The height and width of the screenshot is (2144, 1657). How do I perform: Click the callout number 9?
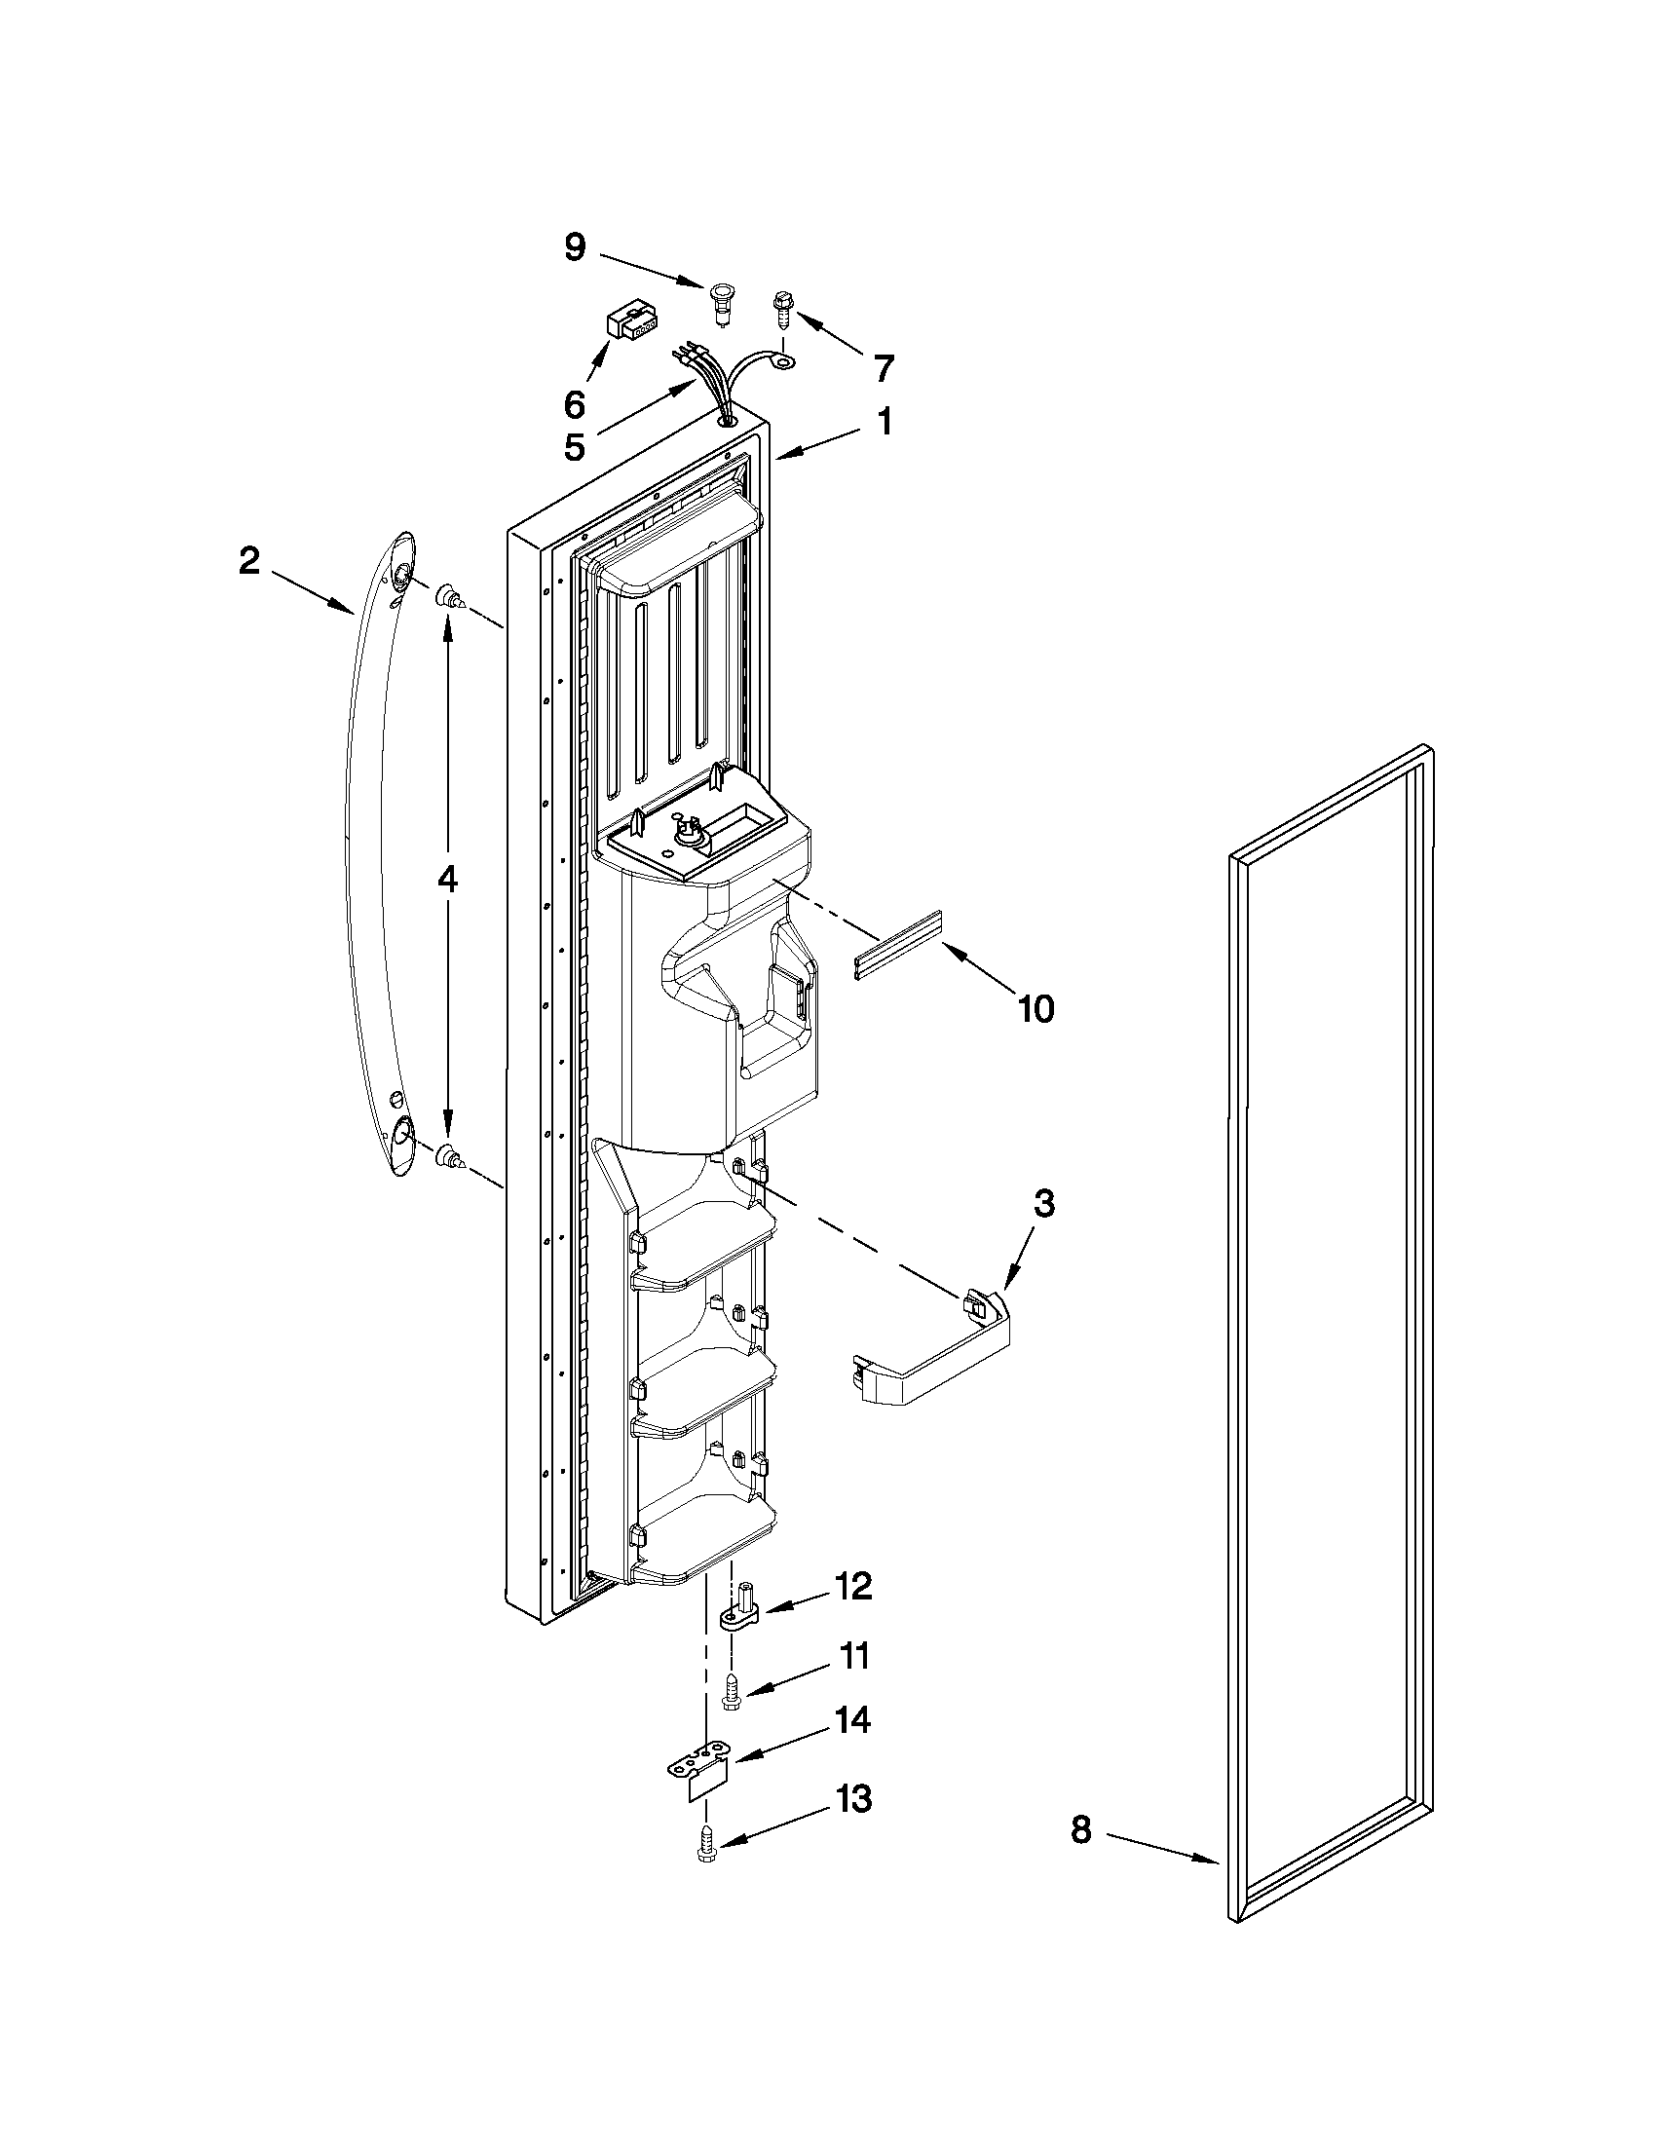click(576, 247)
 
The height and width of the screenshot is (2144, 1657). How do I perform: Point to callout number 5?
click(575, 448)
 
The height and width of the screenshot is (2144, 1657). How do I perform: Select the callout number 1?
click(885, 422)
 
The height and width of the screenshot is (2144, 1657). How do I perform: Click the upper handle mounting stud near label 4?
click(451, 595)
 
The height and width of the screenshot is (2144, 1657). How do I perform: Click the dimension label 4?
click(447, 881)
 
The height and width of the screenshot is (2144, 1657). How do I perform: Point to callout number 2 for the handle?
click(249, 560)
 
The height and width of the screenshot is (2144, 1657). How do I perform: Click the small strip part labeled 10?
click(897, 947)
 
